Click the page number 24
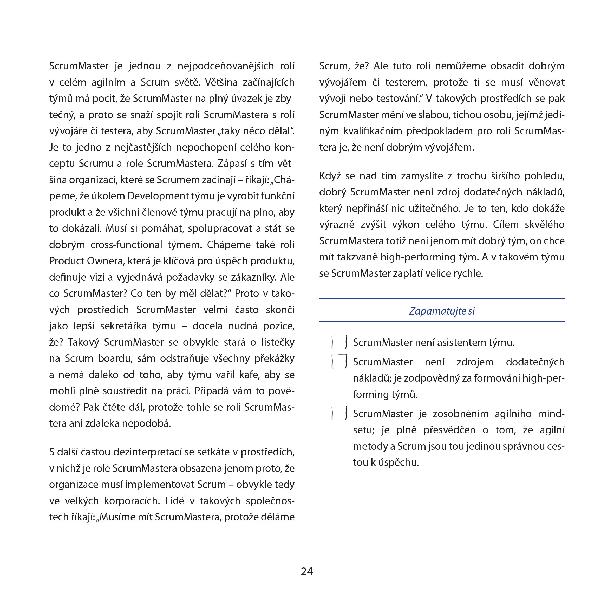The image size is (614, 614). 307,571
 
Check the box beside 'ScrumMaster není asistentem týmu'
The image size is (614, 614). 339,342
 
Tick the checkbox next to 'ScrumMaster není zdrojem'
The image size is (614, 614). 339,361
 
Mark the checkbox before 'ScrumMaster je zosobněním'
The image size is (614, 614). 339,413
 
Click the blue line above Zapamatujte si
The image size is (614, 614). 442,299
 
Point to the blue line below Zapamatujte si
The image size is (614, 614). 442,321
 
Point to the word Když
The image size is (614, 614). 330,176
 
